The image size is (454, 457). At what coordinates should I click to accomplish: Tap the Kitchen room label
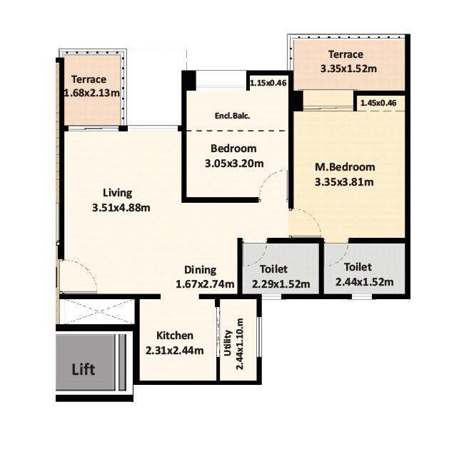[x=175, y=336]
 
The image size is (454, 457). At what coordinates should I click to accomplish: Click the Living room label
[x=117, y=193]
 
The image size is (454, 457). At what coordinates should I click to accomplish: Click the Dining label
[x=200, y=269]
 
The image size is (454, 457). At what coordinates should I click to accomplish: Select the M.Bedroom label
[x=345, y=167]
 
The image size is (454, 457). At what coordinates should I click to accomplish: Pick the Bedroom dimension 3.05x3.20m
[x=234, y=163]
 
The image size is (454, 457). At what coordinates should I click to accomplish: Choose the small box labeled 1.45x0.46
[x=378, y=104]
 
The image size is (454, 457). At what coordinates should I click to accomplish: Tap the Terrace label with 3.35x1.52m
[x=345, y=54]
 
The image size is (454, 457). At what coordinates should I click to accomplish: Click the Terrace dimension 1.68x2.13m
[x=91, y=93]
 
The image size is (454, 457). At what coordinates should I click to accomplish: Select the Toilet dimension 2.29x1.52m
[x=281, y=283]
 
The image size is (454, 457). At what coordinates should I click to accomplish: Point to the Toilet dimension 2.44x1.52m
[x=364, y=281]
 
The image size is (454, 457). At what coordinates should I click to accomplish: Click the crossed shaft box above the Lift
[x=96, y=311]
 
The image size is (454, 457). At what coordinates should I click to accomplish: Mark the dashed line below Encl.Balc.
[x=236, y=131]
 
